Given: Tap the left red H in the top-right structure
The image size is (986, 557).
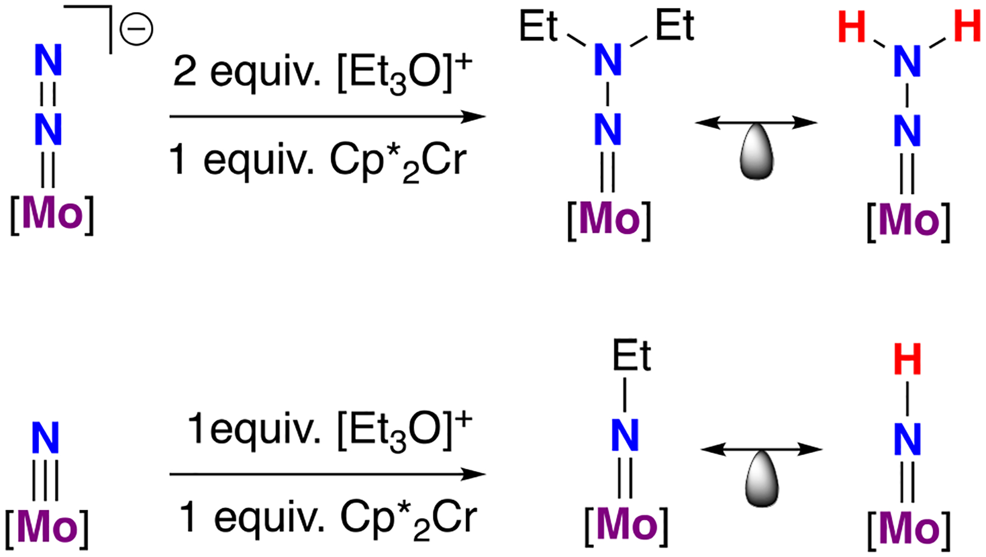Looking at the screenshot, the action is (x=852, y=28).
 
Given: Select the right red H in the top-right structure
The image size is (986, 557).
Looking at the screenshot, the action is (x=967, y=27).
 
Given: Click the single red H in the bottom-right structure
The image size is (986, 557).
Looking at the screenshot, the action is (x=907, y=360).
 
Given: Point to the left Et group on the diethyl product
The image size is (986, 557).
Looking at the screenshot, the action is (x=538, y=26).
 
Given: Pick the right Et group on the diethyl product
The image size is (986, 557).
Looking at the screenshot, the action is (x=675, y=26).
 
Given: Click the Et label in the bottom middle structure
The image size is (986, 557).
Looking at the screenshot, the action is (x=632, y=357).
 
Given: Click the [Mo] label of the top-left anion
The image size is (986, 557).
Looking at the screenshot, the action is (x=53, y=214).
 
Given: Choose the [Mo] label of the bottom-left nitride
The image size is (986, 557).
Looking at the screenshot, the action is (x=47, y=527).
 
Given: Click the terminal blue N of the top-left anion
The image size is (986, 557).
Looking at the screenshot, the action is (x=48, y=60).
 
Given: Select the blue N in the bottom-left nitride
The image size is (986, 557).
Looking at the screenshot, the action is (x=45, y=439).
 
